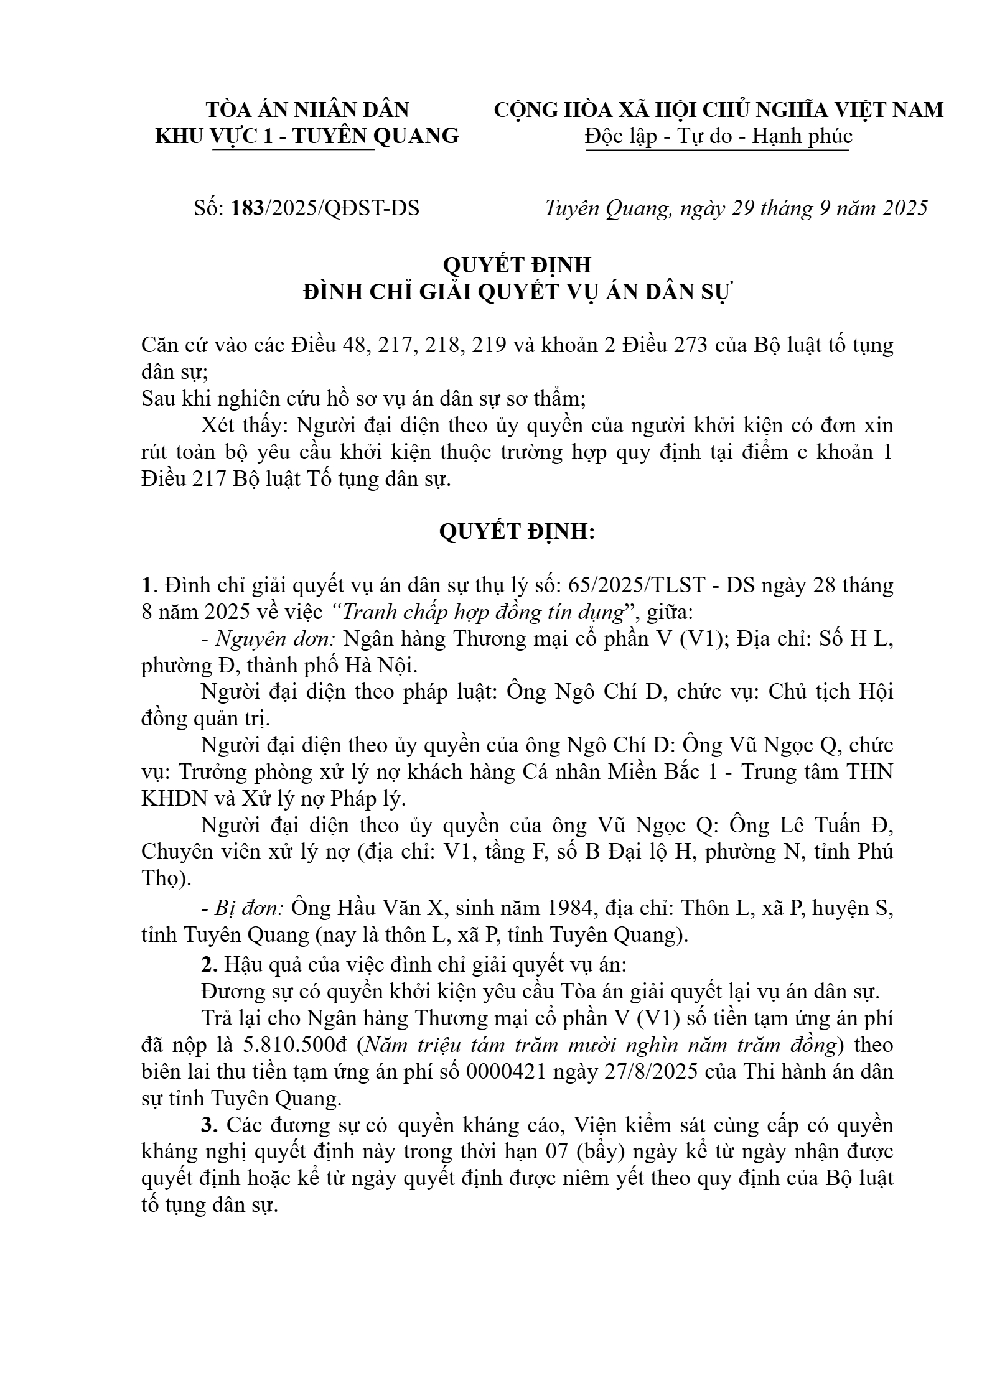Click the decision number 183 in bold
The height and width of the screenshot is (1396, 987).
tap(248, 208)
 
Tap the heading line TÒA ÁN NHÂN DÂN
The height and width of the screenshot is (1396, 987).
tap(307, 110)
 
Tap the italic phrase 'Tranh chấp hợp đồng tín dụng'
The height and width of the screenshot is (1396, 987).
tap(484, 613)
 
